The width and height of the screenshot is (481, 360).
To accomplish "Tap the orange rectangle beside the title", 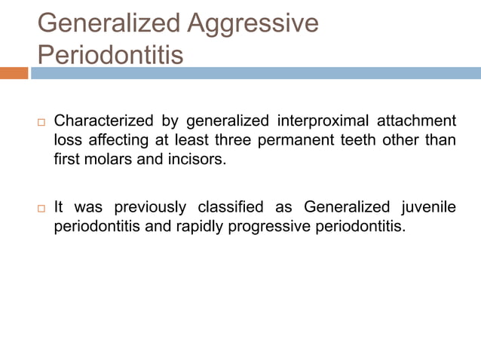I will point(14,73).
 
